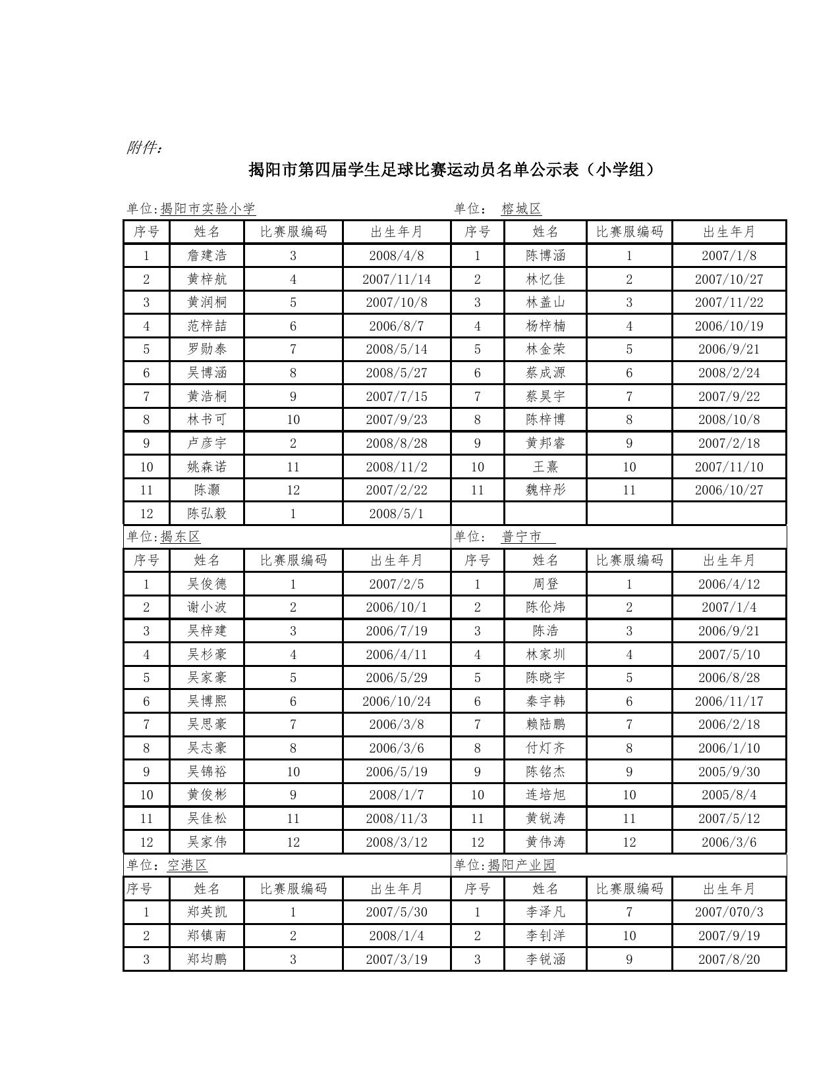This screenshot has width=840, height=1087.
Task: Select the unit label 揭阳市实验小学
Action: (x=208, y=209)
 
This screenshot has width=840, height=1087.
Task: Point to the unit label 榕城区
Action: (x=521, y=209)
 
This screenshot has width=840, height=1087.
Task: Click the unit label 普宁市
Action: (x=522, y=537)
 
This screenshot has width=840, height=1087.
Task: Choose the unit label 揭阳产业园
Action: (x=521, y=864)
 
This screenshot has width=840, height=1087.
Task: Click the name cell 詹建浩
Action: (x=207, y=255)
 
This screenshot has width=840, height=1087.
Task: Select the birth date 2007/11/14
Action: (x=397, y=279)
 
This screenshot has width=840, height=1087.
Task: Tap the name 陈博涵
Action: (x=546, y=255)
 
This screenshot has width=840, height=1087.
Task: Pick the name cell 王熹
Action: (x=546, y=467)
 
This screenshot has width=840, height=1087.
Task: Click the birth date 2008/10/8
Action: (x=729, y=419)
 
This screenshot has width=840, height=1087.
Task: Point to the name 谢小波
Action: (x=207, y=607)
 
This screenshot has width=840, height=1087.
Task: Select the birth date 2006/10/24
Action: (x=397, y=701)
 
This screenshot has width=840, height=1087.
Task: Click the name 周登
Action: (x=546, y=584)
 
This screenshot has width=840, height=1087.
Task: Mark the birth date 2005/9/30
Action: (x=729, y=772)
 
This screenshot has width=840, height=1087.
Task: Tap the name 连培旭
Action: (x=546, y=795)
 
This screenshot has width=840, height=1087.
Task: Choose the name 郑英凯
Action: (x=207, y=912)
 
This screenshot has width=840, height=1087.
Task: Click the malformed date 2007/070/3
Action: (x=729, y=912)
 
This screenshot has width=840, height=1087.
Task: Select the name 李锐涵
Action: (x=546, y=959)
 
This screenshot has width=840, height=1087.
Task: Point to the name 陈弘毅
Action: (x=207, y=514)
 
